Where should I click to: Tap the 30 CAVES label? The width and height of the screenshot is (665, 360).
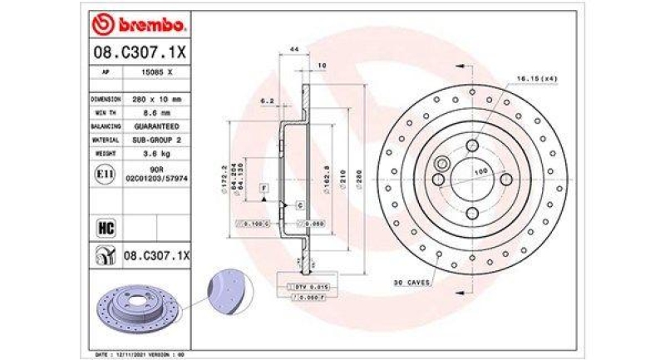[x=411, y=284]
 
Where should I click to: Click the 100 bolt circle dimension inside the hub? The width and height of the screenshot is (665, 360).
[x=480, y=171]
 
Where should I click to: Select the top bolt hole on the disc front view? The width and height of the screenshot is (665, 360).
[x=472, y=146]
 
